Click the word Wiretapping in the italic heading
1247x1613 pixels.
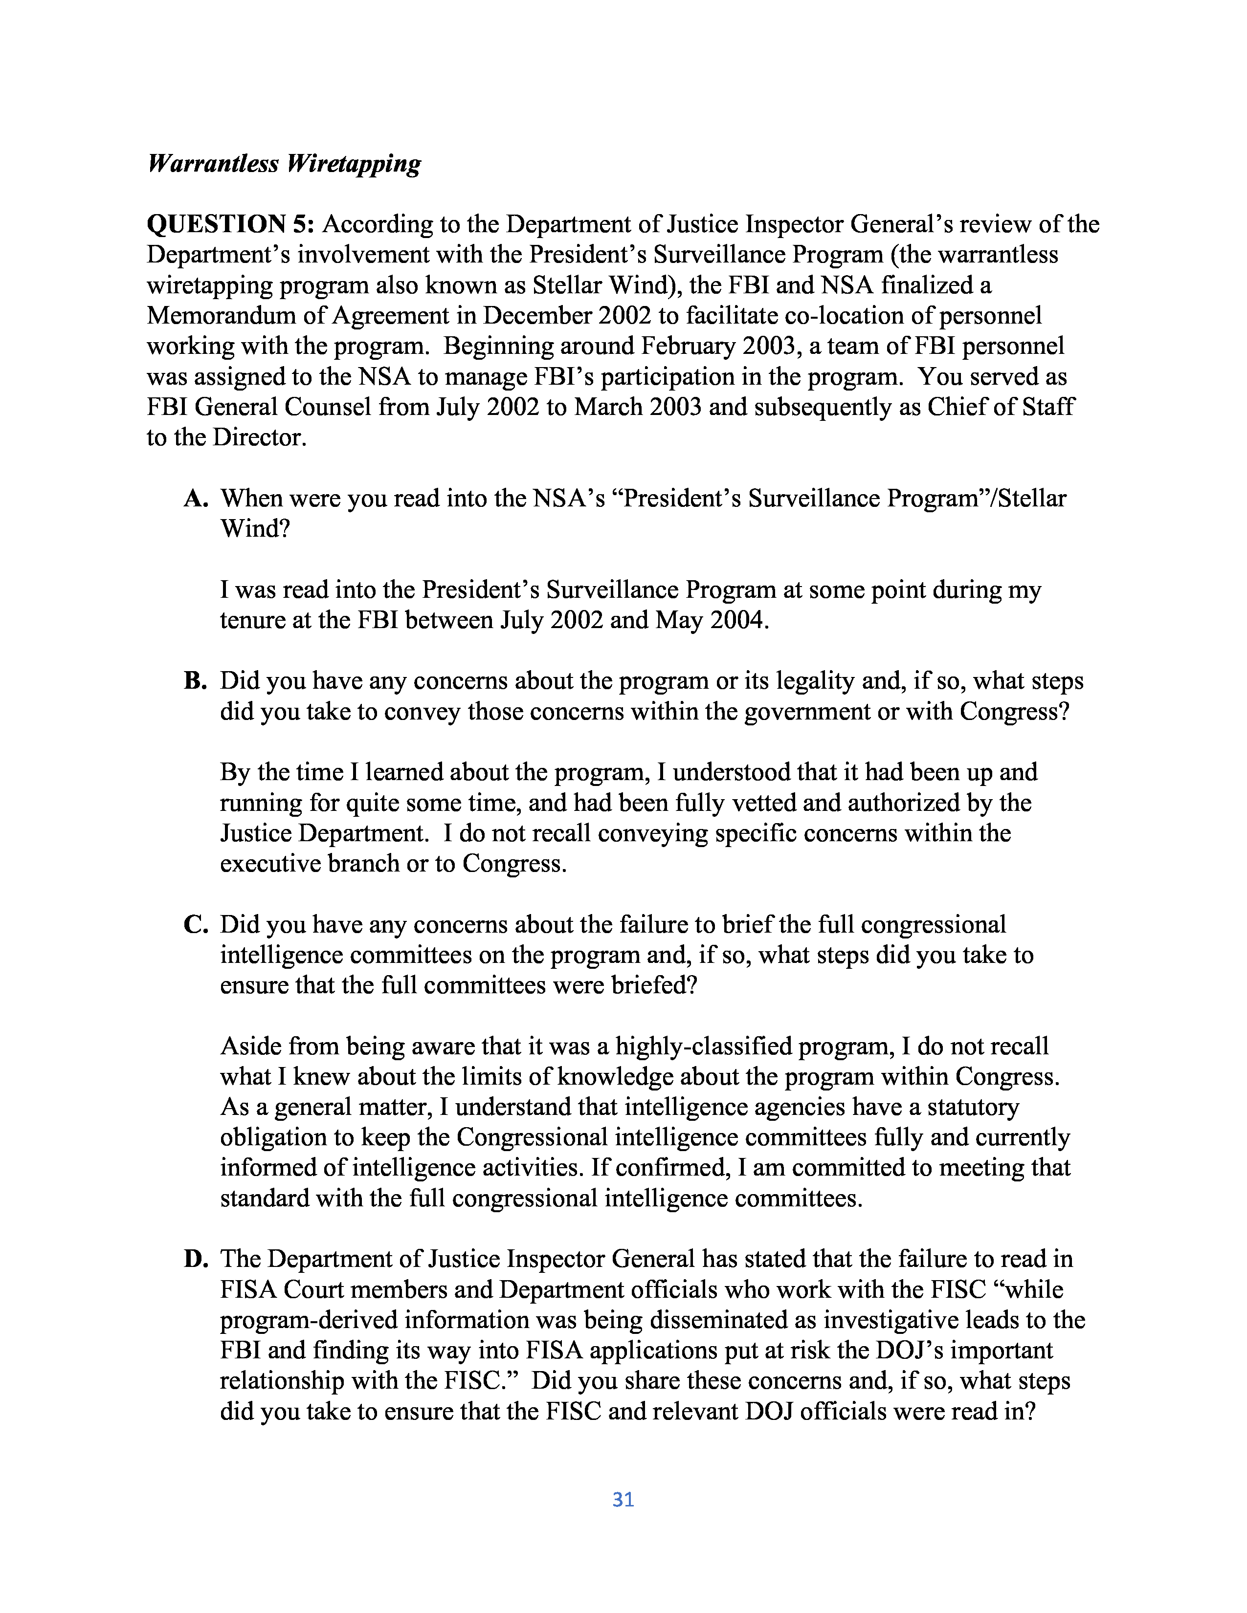[353, 163]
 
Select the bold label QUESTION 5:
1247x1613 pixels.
[231, 224]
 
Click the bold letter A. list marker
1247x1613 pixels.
[196, 499]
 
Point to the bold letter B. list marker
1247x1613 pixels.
[195, 681]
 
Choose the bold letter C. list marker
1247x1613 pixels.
[196, 925]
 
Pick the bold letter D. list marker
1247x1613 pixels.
[196, 1259]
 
